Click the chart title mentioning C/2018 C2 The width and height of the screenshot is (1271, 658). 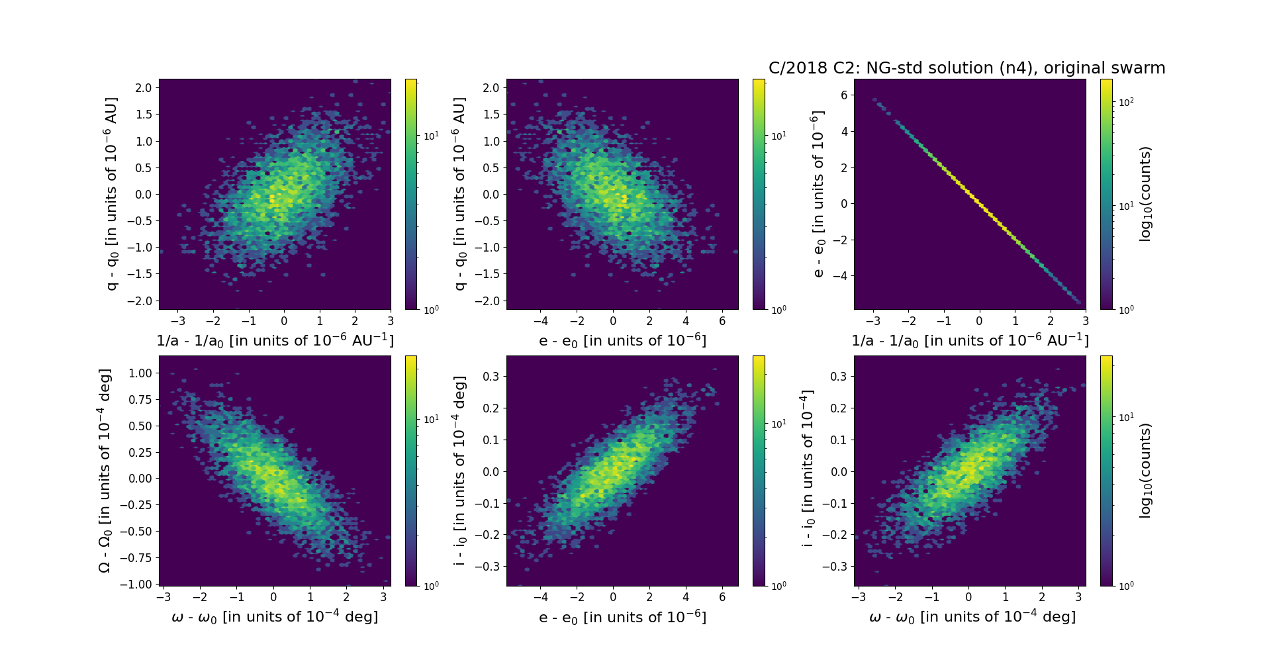[x=966, y=68]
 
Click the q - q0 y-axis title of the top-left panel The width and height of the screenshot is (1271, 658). [x=111, y=194]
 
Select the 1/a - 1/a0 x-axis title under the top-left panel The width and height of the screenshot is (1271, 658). [x=275, y=340]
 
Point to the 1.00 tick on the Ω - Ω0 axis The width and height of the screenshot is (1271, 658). [x=140, y=373]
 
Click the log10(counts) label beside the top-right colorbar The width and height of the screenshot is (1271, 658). [x=1145, y=194]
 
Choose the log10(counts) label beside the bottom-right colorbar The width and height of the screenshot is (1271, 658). [x=1145, y=471]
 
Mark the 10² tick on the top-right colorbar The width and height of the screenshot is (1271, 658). [x=1125, y=102]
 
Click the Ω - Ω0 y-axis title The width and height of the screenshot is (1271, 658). [x=105, y=471]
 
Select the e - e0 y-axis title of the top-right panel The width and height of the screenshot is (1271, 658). [x=818, y=194]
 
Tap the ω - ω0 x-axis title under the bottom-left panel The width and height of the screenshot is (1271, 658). [x=275, y=617]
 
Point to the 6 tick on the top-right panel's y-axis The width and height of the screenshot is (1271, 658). [x=843, y=95]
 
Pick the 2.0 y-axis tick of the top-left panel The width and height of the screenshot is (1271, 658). [x=144, y=88]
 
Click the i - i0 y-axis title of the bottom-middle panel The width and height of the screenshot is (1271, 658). [x=459, y=471]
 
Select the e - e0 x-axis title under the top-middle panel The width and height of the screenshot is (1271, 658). [x=622, y=340]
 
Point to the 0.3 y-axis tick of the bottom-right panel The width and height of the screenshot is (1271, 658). [x=839, y=376]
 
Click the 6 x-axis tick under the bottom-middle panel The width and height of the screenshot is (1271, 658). [x=722, y=597]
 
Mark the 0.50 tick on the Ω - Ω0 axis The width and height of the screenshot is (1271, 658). [x=140, y=426]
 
